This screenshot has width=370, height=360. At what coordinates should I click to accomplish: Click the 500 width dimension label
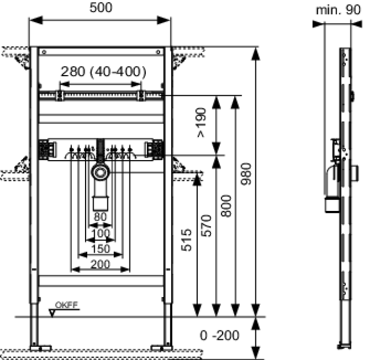coord(101,7)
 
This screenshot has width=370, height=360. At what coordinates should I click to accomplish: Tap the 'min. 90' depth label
coord(338,10)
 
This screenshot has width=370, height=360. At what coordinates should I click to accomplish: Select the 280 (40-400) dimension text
coord(104,71)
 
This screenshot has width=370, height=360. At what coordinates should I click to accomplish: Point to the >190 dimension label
coord(201,122)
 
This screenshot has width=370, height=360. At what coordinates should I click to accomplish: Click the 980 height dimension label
coord(246,174)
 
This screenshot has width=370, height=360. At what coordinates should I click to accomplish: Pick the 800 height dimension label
coord(226,206)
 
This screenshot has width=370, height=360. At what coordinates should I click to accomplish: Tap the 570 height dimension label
coord(206,226)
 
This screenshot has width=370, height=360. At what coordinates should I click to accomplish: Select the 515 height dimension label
coord(186,239)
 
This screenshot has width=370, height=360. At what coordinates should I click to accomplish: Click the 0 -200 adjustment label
coord(219,335)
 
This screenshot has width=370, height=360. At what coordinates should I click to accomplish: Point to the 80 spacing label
coord(100,217)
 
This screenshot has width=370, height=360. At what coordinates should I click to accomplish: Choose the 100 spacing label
coord(100,233)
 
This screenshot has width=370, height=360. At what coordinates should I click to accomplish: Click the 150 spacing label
coord(100,249)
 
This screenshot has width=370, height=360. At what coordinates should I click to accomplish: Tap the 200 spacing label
coord(100,264)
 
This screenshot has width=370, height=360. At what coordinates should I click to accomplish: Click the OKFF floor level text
coord(66,305)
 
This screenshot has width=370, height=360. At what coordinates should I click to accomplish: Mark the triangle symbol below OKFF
coord(52,313)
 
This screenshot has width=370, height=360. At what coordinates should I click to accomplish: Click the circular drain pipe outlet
coord(100,172)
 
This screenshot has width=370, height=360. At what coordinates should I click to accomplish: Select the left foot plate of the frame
coord(41,348)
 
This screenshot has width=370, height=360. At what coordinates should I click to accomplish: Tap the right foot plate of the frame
coord(161,348)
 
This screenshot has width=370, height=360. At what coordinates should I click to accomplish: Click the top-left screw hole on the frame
coord(44,52)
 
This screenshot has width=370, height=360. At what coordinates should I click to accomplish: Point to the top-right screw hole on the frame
coord(159,52)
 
